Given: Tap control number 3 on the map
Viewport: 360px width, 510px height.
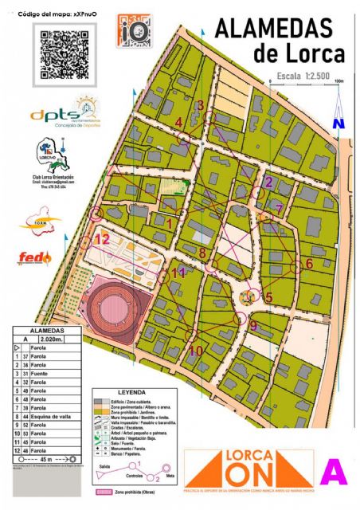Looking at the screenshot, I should (201, 105).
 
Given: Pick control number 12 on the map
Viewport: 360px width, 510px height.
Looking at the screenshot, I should (102, 238).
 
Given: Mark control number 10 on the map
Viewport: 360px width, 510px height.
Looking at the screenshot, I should (195, 349).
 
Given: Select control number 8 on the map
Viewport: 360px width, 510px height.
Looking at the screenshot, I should (202, 253).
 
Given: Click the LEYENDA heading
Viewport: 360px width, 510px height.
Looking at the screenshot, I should (132, 393).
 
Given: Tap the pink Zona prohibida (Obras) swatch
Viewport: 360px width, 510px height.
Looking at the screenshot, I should (104, 493).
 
